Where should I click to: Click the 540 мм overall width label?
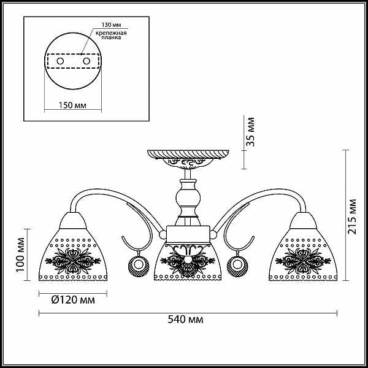pos(185,320)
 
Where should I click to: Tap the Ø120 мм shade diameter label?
pos(73,300)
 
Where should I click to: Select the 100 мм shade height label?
pos(21,255)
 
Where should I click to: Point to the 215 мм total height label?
pos(351,216)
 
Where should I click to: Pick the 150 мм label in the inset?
pos(72,105)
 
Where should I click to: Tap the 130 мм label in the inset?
pos(111,25)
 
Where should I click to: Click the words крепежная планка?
pos(111,35)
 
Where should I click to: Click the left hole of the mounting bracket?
pos(60,61)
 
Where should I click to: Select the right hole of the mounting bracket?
pos(86,61)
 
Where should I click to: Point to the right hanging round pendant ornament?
pos(237,265)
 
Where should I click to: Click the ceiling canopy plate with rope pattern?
pos(188,154)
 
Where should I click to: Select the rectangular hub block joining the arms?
pos(188,234)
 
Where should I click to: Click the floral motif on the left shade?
pos(73,261)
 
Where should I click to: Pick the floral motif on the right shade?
pos(303,261)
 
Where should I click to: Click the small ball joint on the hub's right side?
pos(213,234)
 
